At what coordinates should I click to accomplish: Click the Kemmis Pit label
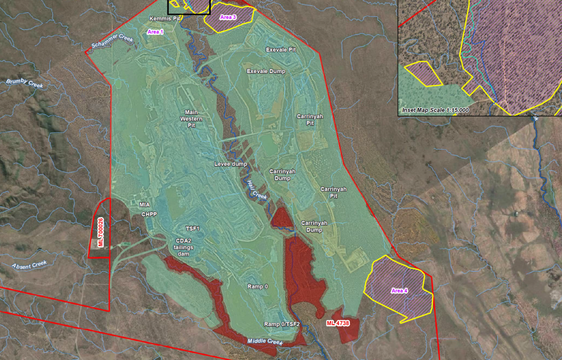click(164, 19)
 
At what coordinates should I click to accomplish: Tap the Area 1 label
click(155, 32)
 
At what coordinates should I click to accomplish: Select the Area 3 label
click(228, 17)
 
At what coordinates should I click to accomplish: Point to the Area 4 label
click(400, 291)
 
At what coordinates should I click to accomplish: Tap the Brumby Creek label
click(25, 83)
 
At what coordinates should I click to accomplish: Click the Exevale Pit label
click(281, 49)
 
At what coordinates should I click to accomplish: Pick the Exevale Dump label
click(266, 71)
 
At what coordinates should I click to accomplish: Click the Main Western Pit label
click(191, 119)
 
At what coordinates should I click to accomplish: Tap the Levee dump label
click(230, 164)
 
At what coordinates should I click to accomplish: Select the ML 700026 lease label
click(101, 232)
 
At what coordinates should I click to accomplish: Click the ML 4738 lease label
click(338, 323)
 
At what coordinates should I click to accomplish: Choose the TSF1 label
click(193, 229)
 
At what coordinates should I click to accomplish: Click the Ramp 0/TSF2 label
click(283, 325)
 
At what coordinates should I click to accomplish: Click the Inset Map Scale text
click(436, 110)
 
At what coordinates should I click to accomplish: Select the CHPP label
click(149, 214)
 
